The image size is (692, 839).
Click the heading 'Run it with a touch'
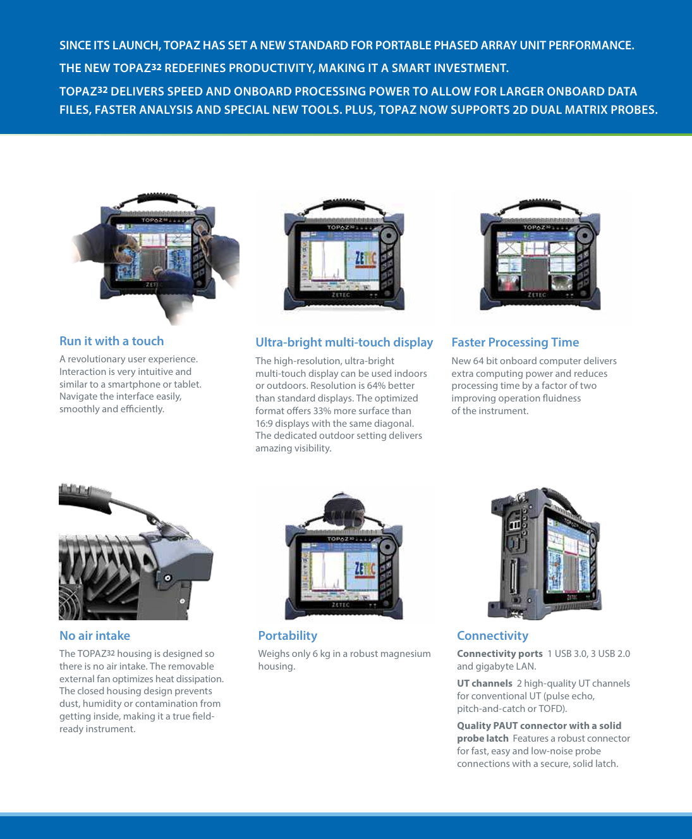tap(111, 341)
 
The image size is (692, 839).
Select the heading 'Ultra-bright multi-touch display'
tap(344, 343)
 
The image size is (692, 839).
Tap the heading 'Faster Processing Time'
tap(515, 343)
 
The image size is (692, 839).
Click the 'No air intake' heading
tap(95, 636)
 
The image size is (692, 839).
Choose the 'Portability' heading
tap(288, 636)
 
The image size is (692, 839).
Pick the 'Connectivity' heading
tap(492, 636)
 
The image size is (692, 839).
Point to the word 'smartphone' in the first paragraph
tap(135, 384)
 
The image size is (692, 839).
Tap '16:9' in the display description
tap(264, 424)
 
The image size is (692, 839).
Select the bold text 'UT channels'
tap(485, 683)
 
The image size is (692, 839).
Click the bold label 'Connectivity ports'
tap(499, 654)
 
